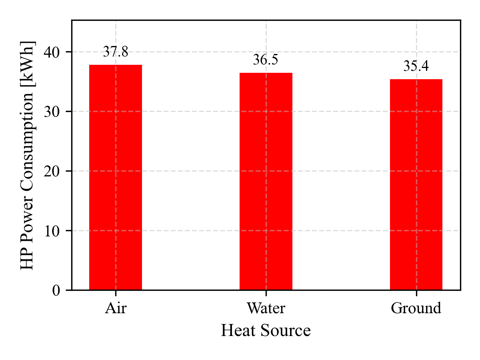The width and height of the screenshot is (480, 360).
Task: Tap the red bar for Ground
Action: [416, 184]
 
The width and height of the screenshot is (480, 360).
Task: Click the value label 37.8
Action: [116, 52]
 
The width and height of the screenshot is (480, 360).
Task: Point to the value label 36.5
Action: [266, 60]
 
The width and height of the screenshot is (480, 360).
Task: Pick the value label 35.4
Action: [416, 66]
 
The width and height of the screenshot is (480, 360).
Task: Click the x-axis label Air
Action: [116, 308]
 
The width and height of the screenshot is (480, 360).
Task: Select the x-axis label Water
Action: [266, 308]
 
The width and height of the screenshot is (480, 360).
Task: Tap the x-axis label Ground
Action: [416, 308]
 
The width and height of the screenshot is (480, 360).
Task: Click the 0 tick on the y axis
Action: [56, 290]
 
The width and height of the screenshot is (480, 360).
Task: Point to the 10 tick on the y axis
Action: [52, 231]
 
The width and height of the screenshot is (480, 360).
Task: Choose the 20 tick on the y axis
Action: [52, 171]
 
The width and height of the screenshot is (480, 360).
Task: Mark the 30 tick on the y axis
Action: [52, 112]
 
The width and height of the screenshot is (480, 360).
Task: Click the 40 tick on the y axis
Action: [52, 52]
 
